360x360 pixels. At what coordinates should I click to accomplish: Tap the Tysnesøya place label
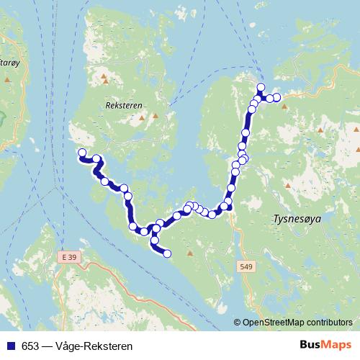(x=296, y=217)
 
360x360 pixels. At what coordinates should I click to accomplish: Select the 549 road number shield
(x=246, y=266)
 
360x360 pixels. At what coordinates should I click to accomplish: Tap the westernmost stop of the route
(x=82, y=153)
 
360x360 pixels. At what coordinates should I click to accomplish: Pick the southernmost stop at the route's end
(x=167, y=253)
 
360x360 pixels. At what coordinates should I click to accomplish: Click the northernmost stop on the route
(x=261, y=88)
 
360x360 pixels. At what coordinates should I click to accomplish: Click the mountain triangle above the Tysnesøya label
(x=288, y=186)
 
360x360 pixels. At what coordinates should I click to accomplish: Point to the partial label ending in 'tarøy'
(x=9, y=63)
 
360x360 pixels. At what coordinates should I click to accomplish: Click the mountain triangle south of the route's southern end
(x=190, y=253)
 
